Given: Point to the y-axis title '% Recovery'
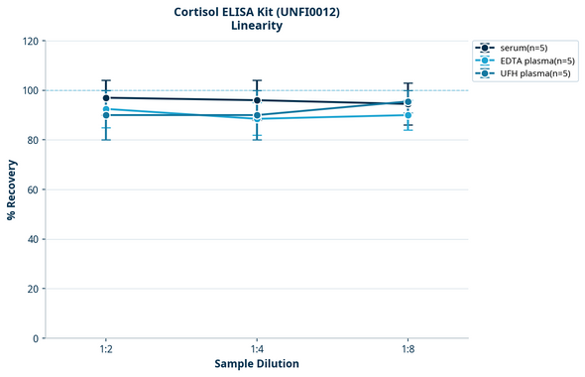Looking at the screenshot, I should click(x=12, y=189).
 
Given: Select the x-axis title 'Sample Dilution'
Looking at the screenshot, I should click(x=257, y=364).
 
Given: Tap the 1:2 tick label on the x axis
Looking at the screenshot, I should click(x=106, y=349).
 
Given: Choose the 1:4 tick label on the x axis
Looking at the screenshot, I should click(x=257, y=349).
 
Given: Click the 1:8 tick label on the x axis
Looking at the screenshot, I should click(x=408, y=349).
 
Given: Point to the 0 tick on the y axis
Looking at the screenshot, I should click(x=35, y=338).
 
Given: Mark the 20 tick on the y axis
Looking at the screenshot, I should click(x=32, y=289).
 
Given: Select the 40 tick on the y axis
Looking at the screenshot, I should click(x=32, y=239).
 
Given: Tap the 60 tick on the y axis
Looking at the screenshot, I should click(x=32, y=189).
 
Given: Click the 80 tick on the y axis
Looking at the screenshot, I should click(x=32, y=140).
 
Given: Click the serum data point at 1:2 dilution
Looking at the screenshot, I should click(x=106, y=97).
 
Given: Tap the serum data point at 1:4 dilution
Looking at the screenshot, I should click(x=257, y=100).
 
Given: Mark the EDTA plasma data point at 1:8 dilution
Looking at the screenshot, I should click(x=408, y=115).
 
